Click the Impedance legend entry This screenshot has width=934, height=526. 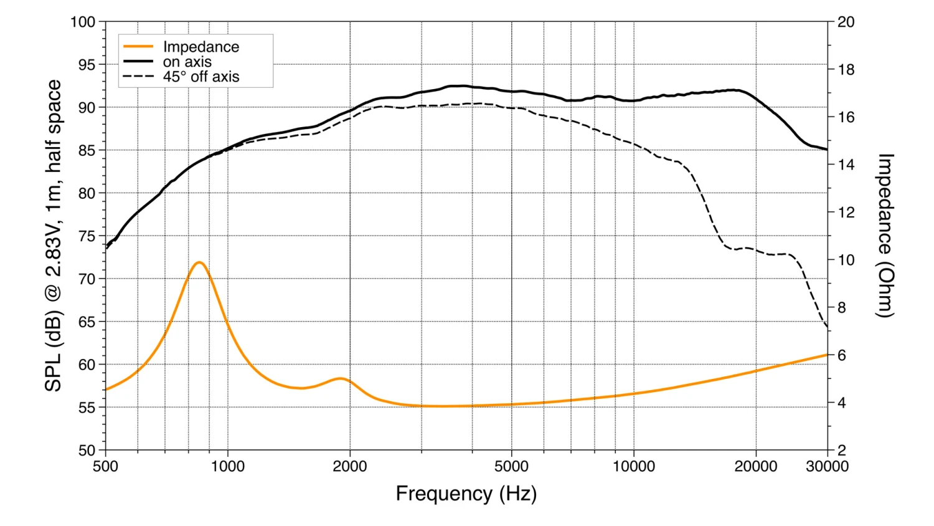(200, 47)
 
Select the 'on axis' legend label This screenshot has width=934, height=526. (187, 62)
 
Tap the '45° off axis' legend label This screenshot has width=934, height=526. (200, 77)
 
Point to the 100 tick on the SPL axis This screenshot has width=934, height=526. (83, 22)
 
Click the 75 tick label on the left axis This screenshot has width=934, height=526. (87, 236)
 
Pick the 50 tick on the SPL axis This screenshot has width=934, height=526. (87, 450)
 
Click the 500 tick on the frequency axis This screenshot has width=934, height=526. (105, 466)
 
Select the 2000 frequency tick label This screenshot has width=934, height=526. (349, 466)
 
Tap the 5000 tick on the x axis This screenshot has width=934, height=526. (511, 466)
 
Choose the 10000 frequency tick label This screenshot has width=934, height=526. (633, 466)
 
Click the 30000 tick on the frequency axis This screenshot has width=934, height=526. (827, 466)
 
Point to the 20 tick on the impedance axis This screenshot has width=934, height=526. (846, 22)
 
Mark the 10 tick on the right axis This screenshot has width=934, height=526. (846, 260)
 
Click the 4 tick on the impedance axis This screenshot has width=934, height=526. (842, 403)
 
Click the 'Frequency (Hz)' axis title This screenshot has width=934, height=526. (466, 494)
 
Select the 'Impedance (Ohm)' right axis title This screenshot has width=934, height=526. (885, 236)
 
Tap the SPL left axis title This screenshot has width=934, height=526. (54, 236)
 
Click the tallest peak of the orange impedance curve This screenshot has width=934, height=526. (199, 262)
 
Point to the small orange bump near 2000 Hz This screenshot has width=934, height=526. (341, 378)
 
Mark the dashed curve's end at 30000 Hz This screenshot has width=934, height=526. (827, 327)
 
